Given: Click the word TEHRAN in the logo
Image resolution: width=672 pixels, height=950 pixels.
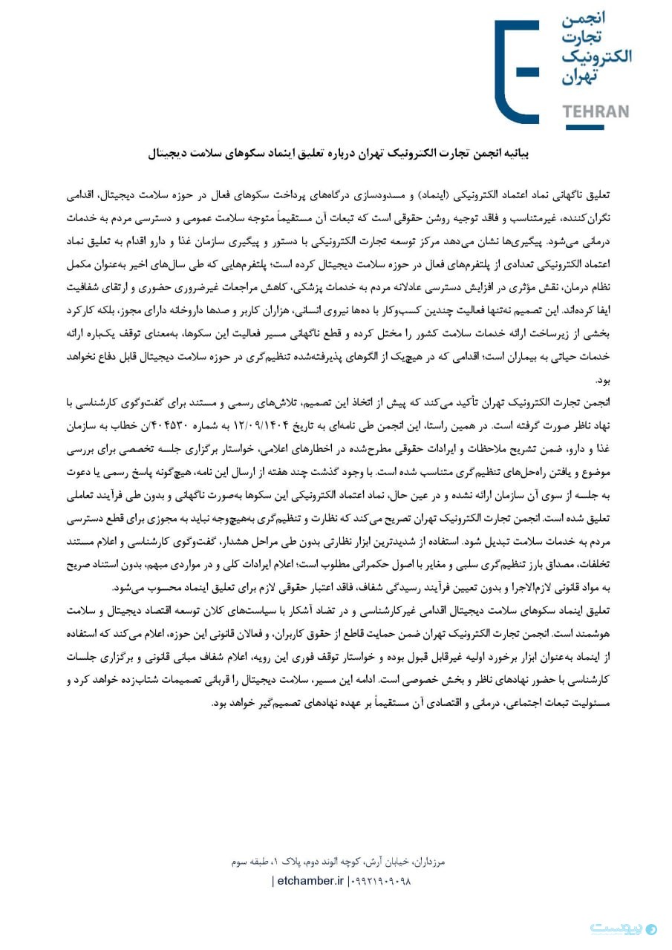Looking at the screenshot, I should pos(596,112).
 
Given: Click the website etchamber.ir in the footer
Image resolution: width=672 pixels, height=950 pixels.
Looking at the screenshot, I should pos(310,881).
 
